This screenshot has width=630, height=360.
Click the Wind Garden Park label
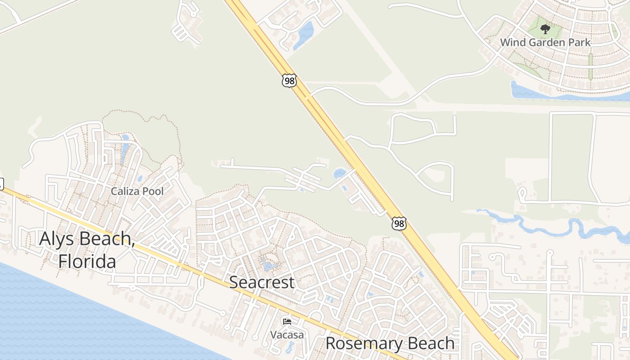click(x=545, y=42)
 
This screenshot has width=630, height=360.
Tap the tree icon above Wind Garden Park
click(x=545, y=30)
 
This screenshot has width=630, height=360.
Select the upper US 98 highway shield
click(x=289, y=81)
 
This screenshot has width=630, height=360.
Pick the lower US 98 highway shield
click(x=399, y=223)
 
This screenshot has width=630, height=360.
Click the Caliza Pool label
click(x=137, y=191)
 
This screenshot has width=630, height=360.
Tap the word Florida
click(x=87, y=261)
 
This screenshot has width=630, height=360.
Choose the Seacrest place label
click(x=262, y=282)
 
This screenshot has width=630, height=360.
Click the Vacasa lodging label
click(x=287, y=335)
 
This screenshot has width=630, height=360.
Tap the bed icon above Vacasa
click(x=287, y=321)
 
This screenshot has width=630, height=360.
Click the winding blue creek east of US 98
click(x=540, y=223)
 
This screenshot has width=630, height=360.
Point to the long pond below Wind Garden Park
click(x=562, y=94)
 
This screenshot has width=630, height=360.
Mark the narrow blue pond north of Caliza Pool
click(x=124, y=148)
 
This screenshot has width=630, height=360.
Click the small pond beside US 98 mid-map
click(x=339, y=173)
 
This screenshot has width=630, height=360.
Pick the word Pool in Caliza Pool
click(x=153, y=191)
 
